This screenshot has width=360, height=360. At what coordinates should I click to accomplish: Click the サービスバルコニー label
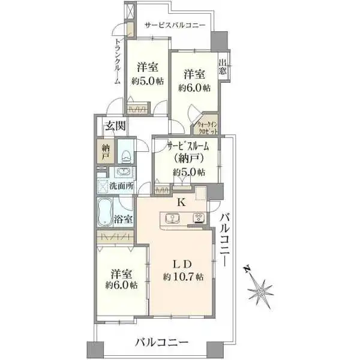tap(175, 25)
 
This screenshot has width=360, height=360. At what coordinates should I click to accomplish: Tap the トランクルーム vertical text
tap(118, 61)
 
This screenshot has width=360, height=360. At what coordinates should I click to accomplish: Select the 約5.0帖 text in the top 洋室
tap(148, 81)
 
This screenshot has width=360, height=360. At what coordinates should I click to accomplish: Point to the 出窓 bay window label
tap(222, 67)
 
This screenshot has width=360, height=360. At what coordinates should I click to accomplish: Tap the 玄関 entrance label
tap(115, 126)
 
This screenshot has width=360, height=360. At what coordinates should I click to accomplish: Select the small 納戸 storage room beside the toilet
tap(106, 151)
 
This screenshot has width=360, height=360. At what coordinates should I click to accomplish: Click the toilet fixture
tap(125, 156)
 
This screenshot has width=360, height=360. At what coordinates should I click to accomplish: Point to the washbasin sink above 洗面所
tap(124, 172)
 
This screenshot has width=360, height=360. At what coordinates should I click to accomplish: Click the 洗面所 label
tap(121, 186)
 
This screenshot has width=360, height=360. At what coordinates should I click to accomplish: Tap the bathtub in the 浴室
tap(105, 212)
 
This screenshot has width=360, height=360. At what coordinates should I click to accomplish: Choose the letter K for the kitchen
tap(181, 202)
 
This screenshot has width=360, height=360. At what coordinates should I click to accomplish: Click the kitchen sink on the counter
tap(172, 218)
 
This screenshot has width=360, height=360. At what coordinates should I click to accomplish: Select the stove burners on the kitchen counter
tap(199, 218)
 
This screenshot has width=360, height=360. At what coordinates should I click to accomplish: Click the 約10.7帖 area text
tap(184, 277)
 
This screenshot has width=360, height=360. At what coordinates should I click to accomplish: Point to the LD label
tap(182, 265)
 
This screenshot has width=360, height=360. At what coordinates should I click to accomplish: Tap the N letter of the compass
tap(247, 269)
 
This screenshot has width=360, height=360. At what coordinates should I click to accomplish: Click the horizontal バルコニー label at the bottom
tap(161, 343)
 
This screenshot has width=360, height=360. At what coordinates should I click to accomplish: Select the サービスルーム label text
tap(188, 146)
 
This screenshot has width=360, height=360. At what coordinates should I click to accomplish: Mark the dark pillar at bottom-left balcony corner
tap(95, 349)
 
